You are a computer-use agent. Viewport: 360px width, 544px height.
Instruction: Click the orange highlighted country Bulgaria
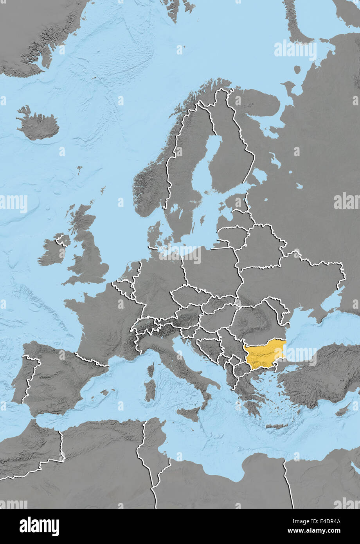[264, 354]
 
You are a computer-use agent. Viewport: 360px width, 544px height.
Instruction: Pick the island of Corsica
[151, 369]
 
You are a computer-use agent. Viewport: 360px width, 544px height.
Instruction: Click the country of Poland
[211, 266]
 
